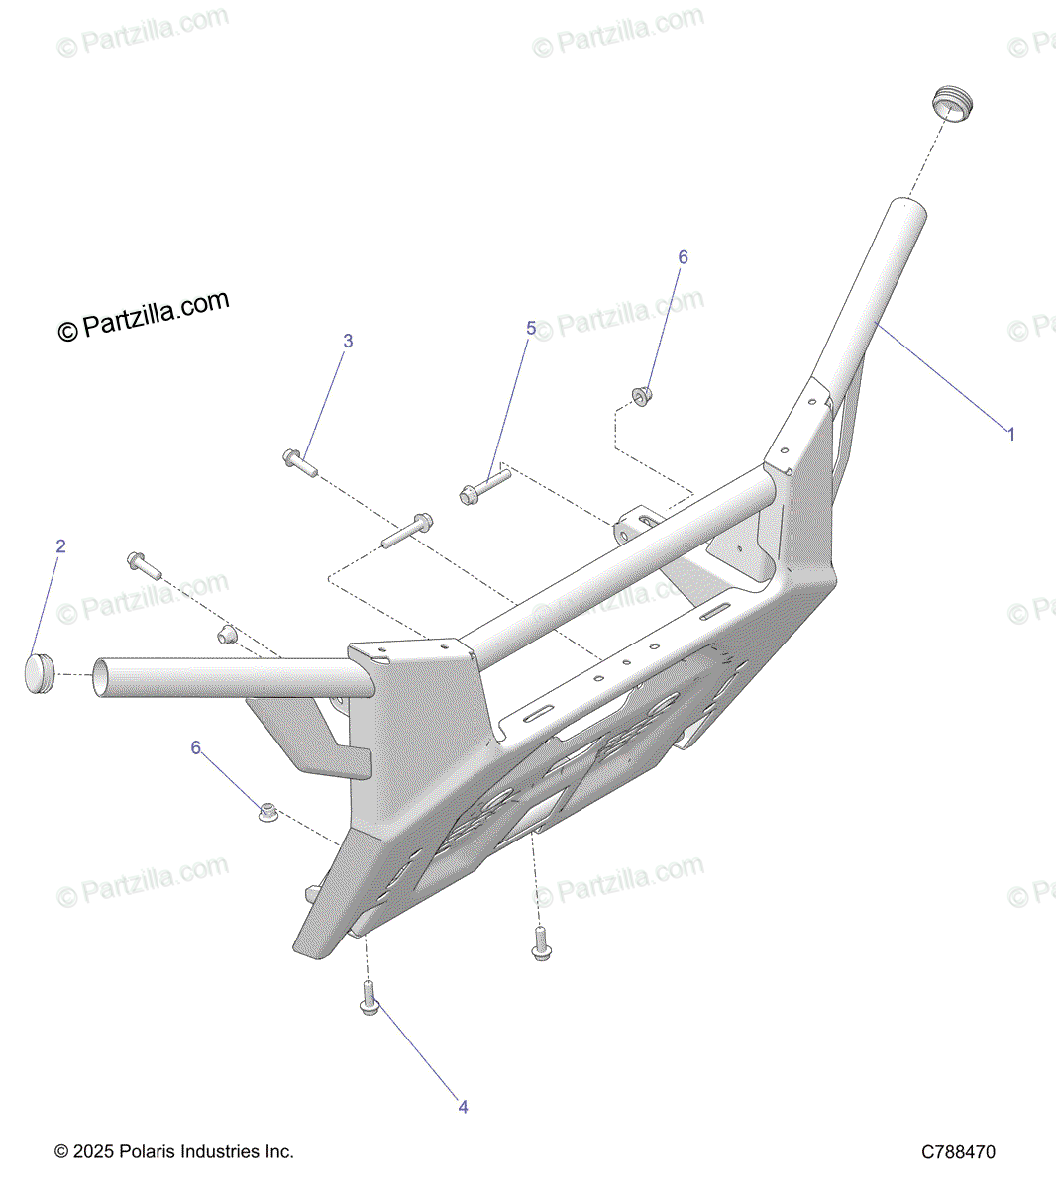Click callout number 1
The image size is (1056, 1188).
point(1010,434)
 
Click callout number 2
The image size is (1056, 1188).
point(60,546)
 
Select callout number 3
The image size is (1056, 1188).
point(348,341)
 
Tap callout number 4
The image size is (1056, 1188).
point(463,1107)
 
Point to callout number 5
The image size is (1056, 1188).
point(531,328)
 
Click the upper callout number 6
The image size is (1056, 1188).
point(683,257)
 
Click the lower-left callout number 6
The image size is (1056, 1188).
point(196,747)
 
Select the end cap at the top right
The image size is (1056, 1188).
point(953,104)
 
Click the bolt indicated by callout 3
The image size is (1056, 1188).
point(298,461)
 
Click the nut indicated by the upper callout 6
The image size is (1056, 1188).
point(641,396)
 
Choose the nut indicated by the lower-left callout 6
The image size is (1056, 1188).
point(265,813)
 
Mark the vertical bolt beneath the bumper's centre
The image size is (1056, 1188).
point(541,941)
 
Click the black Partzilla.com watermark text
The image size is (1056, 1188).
point(144,315)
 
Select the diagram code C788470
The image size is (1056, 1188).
point(958,1152)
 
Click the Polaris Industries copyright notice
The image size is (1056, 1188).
point(174,1152)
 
